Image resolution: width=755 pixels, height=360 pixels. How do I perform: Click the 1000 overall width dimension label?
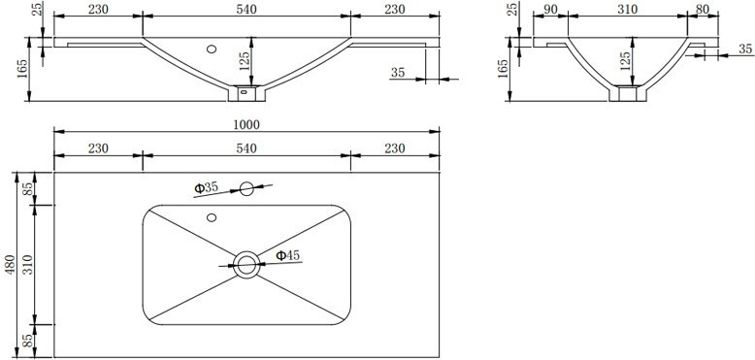pos(246,124)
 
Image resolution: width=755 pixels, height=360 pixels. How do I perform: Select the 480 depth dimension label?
pos(11,265)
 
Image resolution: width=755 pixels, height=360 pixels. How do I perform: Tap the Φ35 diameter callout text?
pos(206,187)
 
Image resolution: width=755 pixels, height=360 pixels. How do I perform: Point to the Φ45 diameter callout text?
pos(287,255)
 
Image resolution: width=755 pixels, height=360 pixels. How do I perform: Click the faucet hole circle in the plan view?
pos(246,188)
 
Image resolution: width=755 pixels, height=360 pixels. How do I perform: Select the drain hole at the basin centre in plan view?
pos(246,264)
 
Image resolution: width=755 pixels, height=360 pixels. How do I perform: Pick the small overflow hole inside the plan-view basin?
pos(212,217)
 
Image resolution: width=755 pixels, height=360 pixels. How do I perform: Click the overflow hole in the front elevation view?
pos(212,49)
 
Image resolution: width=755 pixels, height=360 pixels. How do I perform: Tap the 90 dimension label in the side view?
pos(550,9)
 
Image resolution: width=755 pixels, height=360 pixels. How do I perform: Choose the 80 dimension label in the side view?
pos(703,9)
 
